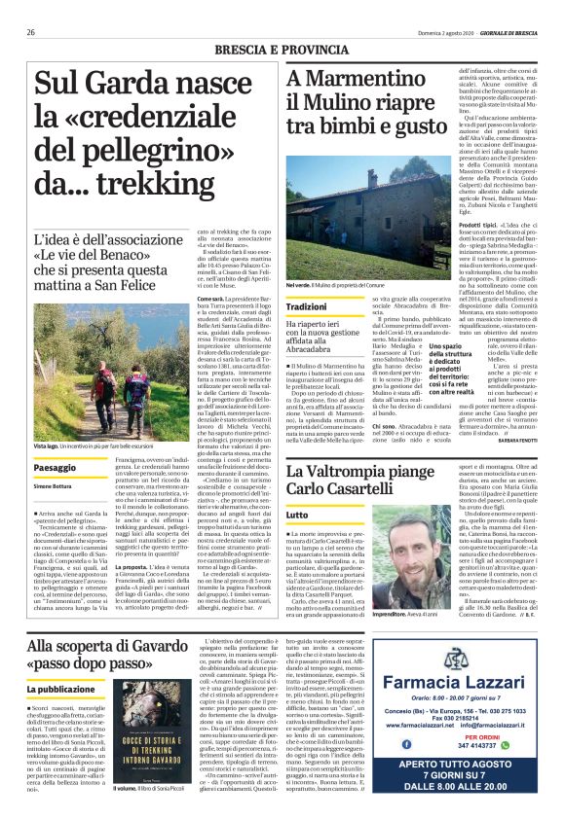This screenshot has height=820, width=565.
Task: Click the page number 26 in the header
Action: (31, 32)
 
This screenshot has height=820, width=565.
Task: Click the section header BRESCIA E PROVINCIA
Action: (282, 48)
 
